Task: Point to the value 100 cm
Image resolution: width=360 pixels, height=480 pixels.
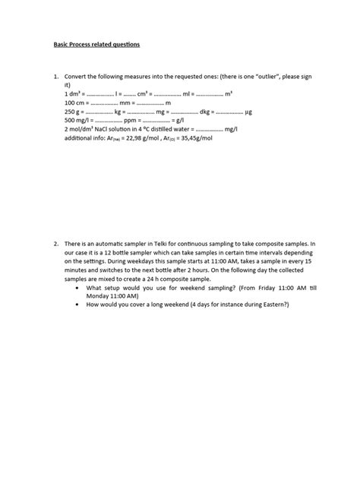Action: click(x=75, y=103)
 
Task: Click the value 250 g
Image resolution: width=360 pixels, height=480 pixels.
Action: click(x=74, y=112)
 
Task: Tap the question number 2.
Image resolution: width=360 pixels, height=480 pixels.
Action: click(x=55, y=244)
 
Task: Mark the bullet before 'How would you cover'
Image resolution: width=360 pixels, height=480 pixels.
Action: click(x=81, y=305)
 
